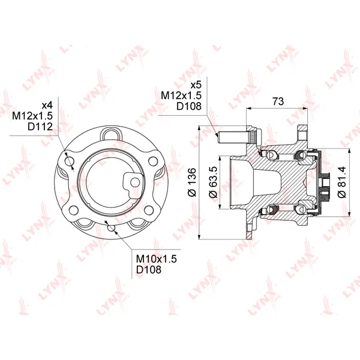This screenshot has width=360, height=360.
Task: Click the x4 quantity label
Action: pyautogui.click(x=47, y=106)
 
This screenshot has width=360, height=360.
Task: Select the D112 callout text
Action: pyautogui.click(x=40, y=127)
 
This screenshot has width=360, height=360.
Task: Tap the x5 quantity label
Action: pyautogui.click(x=196, y=85)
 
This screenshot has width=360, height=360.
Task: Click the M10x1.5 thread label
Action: pyautogui.click(x=157, y=259)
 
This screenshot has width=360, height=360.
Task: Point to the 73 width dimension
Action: pyautogui.click(x=278, y=101)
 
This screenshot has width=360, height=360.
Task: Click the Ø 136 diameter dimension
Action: pyautogui.click(x=192, y=182)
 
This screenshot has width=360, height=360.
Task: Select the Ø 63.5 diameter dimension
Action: pyautogui.click(x=213, y=182)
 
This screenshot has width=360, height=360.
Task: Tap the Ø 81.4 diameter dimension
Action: pyautogui.click(x=342, y=182)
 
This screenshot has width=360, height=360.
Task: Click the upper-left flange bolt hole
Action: pyautogui.click(x=70, y=161)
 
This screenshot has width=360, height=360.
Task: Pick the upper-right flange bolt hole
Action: pyautogui.click(x=153, y=161)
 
